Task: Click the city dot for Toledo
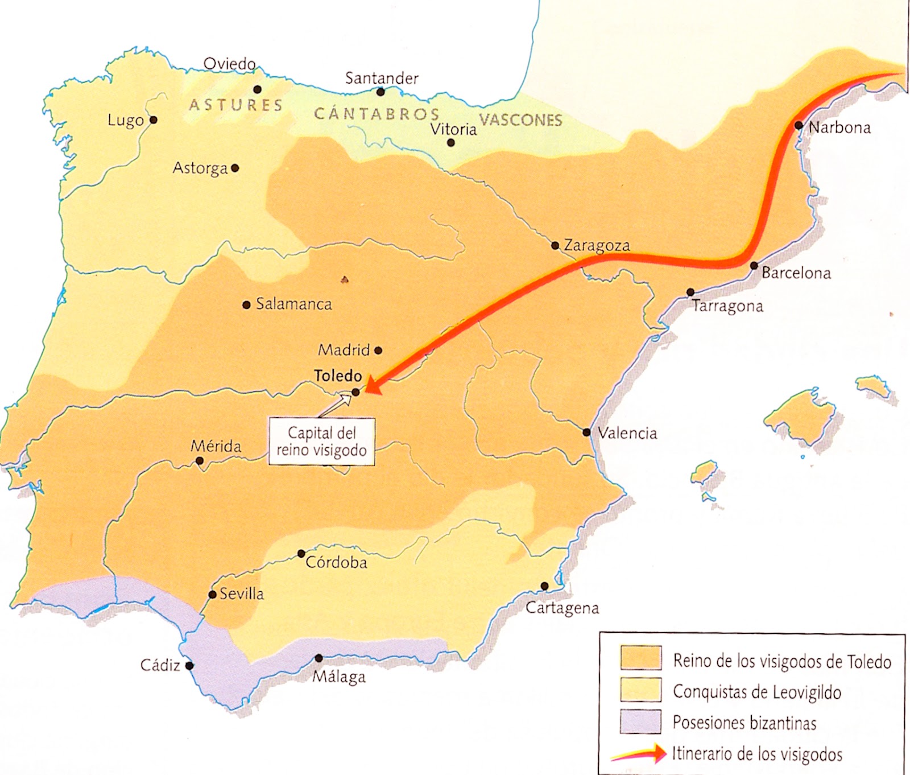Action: point(355,391)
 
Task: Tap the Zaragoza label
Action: point(597,245)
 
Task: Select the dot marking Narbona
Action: point(799,125)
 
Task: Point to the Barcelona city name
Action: point(796,273)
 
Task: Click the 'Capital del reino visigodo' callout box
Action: point(322,442)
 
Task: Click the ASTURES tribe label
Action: point(235,105)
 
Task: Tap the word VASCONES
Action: point(520,119)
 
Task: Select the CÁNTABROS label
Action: point(377,114)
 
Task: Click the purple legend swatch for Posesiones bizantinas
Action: point(640,722)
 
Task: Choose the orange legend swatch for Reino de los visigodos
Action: point(640,658)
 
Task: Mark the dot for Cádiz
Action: point(189,665)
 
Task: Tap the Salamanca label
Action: point(293,304)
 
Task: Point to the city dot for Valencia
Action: point(586,432)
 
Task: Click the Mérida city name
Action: point(216,446)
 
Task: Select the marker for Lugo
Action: point(153,120)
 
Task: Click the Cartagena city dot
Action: point(544,586)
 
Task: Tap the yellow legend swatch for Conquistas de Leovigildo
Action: point(640,690)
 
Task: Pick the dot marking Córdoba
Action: point(301,554)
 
